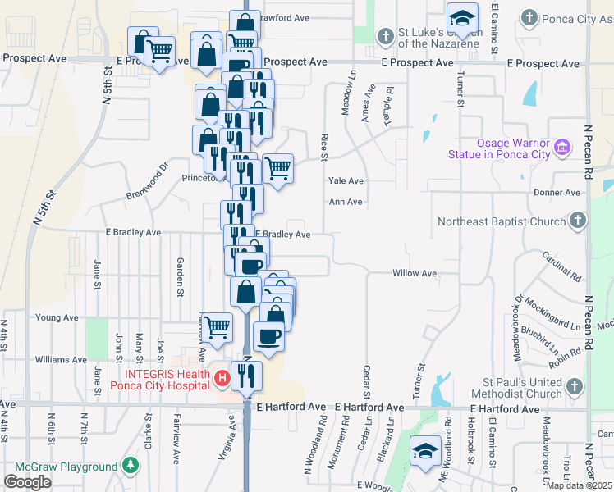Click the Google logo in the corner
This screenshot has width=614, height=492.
(27, 482)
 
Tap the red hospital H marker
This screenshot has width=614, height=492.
(221, 379)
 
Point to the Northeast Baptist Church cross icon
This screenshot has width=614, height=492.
(578, 221)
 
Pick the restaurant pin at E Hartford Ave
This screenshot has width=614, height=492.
(246, 376)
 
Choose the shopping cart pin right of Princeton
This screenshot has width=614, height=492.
(278, 169)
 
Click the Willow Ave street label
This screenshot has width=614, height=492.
(415, 273)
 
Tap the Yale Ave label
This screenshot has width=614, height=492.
(346, 181)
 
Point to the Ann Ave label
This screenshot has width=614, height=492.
(345, 202)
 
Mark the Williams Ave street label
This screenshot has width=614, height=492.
(62, 359)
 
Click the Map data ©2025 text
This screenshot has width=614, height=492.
(580, 485)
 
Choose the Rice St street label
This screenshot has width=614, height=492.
(324, 148)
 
